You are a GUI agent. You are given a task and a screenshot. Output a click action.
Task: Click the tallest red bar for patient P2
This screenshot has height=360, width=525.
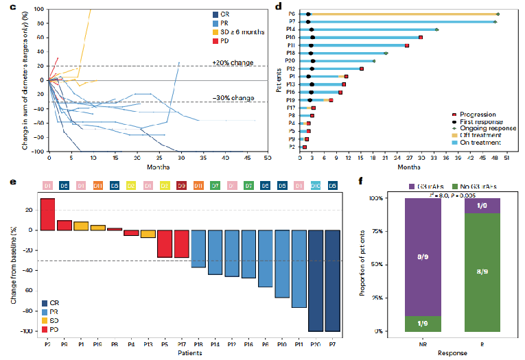coord(47,214)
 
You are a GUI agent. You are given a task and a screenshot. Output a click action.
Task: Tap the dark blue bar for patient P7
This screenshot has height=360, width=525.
coord(332,280)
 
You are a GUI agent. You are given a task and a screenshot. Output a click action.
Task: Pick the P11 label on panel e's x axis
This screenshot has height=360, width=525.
coord(299,338)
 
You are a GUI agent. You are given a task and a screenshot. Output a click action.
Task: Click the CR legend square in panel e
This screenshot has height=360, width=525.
coord(45,302)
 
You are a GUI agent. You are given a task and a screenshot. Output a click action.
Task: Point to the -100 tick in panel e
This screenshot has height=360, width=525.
coord(30,331)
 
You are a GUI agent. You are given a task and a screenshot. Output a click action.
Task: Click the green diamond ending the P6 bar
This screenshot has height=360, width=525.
coord(498,14)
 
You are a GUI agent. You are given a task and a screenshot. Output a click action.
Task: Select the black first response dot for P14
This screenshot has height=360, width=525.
coord(312,29)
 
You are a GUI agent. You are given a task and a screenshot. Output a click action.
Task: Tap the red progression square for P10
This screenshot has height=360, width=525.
coord(420,37)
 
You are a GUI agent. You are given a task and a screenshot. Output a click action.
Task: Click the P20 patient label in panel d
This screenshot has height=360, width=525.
coord(291,61)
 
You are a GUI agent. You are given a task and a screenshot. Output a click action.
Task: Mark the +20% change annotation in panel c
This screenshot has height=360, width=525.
coord(233,63)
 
